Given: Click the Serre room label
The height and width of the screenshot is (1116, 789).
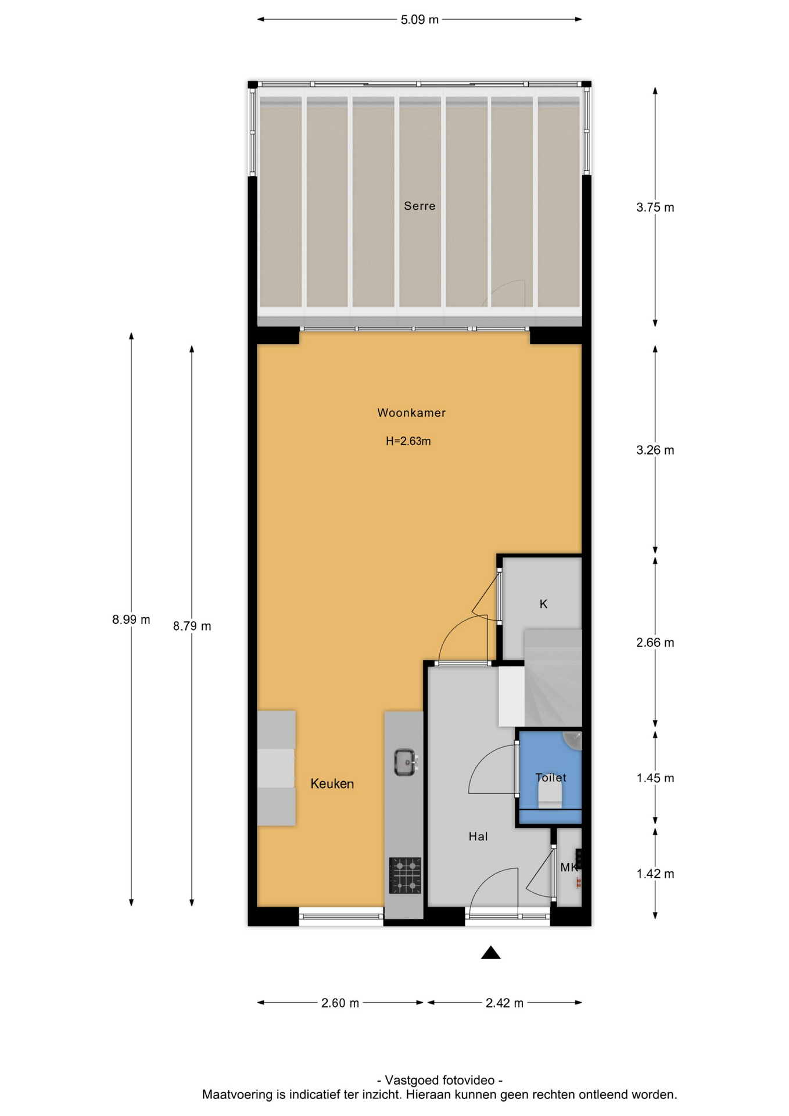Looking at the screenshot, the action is click(x=419, y=206).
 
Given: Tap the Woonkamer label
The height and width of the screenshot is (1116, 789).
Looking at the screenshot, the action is click(x=411, y=413).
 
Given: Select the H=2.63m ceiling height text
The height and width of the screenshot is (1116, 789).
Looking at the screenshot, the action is click(x=408, y=441).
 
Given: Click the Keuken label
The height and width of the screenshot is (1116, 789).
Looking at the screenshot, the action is click(x=332, y=784).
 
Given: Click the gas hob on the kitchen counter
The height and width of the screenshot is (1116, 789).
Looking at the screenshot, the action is click(x=406, y=875).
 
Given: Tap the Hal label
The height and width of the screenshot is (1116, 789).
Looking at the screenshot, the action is click(x=478, y=836).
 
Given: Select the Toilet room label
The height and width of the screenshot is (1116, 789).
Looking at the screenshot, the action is click(x=551, y=778).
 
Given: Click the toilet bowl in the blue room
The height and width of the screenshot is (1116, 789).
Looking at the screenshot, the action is click(x=550, y=794).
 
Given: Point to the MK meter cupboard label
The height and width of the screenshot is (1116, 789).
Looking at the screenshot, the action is click(x=569, y=867).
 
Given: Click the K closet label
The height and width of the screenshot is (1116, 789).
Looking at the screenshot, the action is click(x=544, y=604).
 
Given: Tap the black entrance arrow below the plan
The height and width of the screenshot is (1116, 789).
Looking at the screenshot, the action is click(x=491, y=952).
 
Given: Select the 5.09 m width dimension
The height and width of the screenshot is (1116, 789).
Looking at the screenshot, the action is click(x=419, y=20).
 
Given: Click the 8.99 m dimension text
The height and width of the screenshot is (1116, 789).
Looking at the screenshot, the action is click(x=131, y=620).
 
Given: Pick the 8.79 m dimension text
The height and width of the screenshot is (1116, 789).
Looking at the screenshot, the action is click(x=192, y=626).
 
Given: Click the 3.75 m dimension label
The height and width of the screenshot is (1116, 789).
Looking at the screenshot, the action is click(x=655, y=208).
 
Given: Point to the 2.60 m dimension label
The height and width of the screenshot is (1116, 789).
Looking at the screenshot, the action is click(x=340, y=1003).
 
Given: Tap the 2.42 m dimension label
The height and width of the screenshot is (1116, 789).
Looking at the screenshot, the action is click(x=504, y=1003).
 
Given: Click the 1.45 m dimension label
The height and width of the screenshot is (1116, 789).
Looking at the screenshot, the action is click(x=655, y=778).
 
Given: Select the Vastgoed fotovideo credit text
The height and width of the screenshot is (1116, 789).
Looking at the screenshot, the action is click(x=440, y=1080).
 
